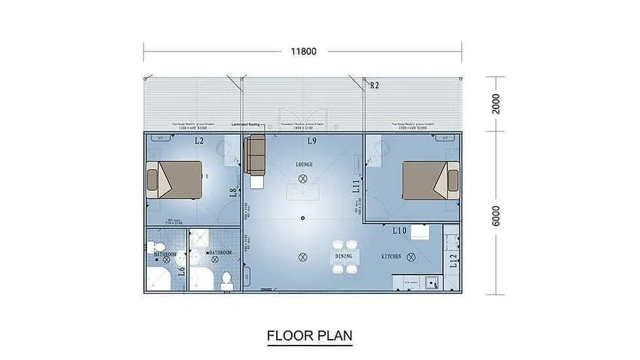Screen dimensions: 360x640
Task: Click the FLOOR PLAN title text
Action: coord(310,336)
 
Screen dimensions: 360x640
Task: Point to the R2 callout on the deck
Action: coord(374,85)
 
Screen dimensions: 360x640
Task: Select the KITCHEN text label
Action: coord(391,257)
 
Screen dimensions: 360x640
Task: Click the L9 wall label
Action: coord(312,141)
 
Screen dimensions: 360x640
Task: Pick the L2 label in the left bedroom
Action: coord(199,141)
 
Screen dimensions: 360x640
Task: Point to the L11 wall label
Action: coord(357,187)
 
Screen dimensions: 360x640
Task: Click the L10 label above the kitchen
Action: coord(400,231)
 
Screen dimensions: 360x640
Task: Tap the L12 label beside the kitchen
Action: coord(453,261)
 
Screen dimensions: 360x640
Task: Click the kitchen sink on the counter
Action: coord(430,283)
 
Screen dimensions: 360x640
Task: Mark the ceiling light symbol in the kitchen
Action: coord(410,257)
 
